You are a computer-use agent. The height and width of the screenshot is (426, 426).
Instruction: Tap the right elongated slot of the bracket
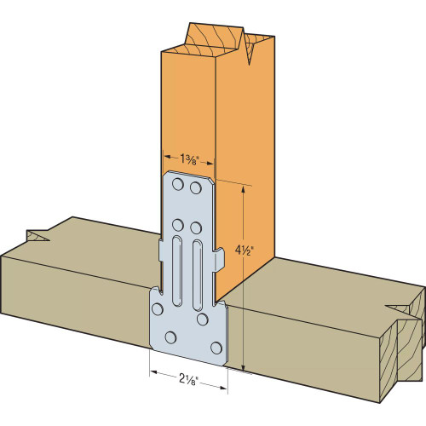197,273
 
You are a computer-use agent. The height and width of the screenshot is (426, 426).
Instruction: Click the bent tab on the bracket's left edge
160,251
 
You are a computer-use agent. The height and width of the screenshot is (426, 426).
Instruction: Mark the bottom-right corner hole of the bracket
216,347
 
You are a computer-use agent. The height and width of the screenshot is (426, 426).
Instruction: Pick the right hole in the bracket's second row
196,228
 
